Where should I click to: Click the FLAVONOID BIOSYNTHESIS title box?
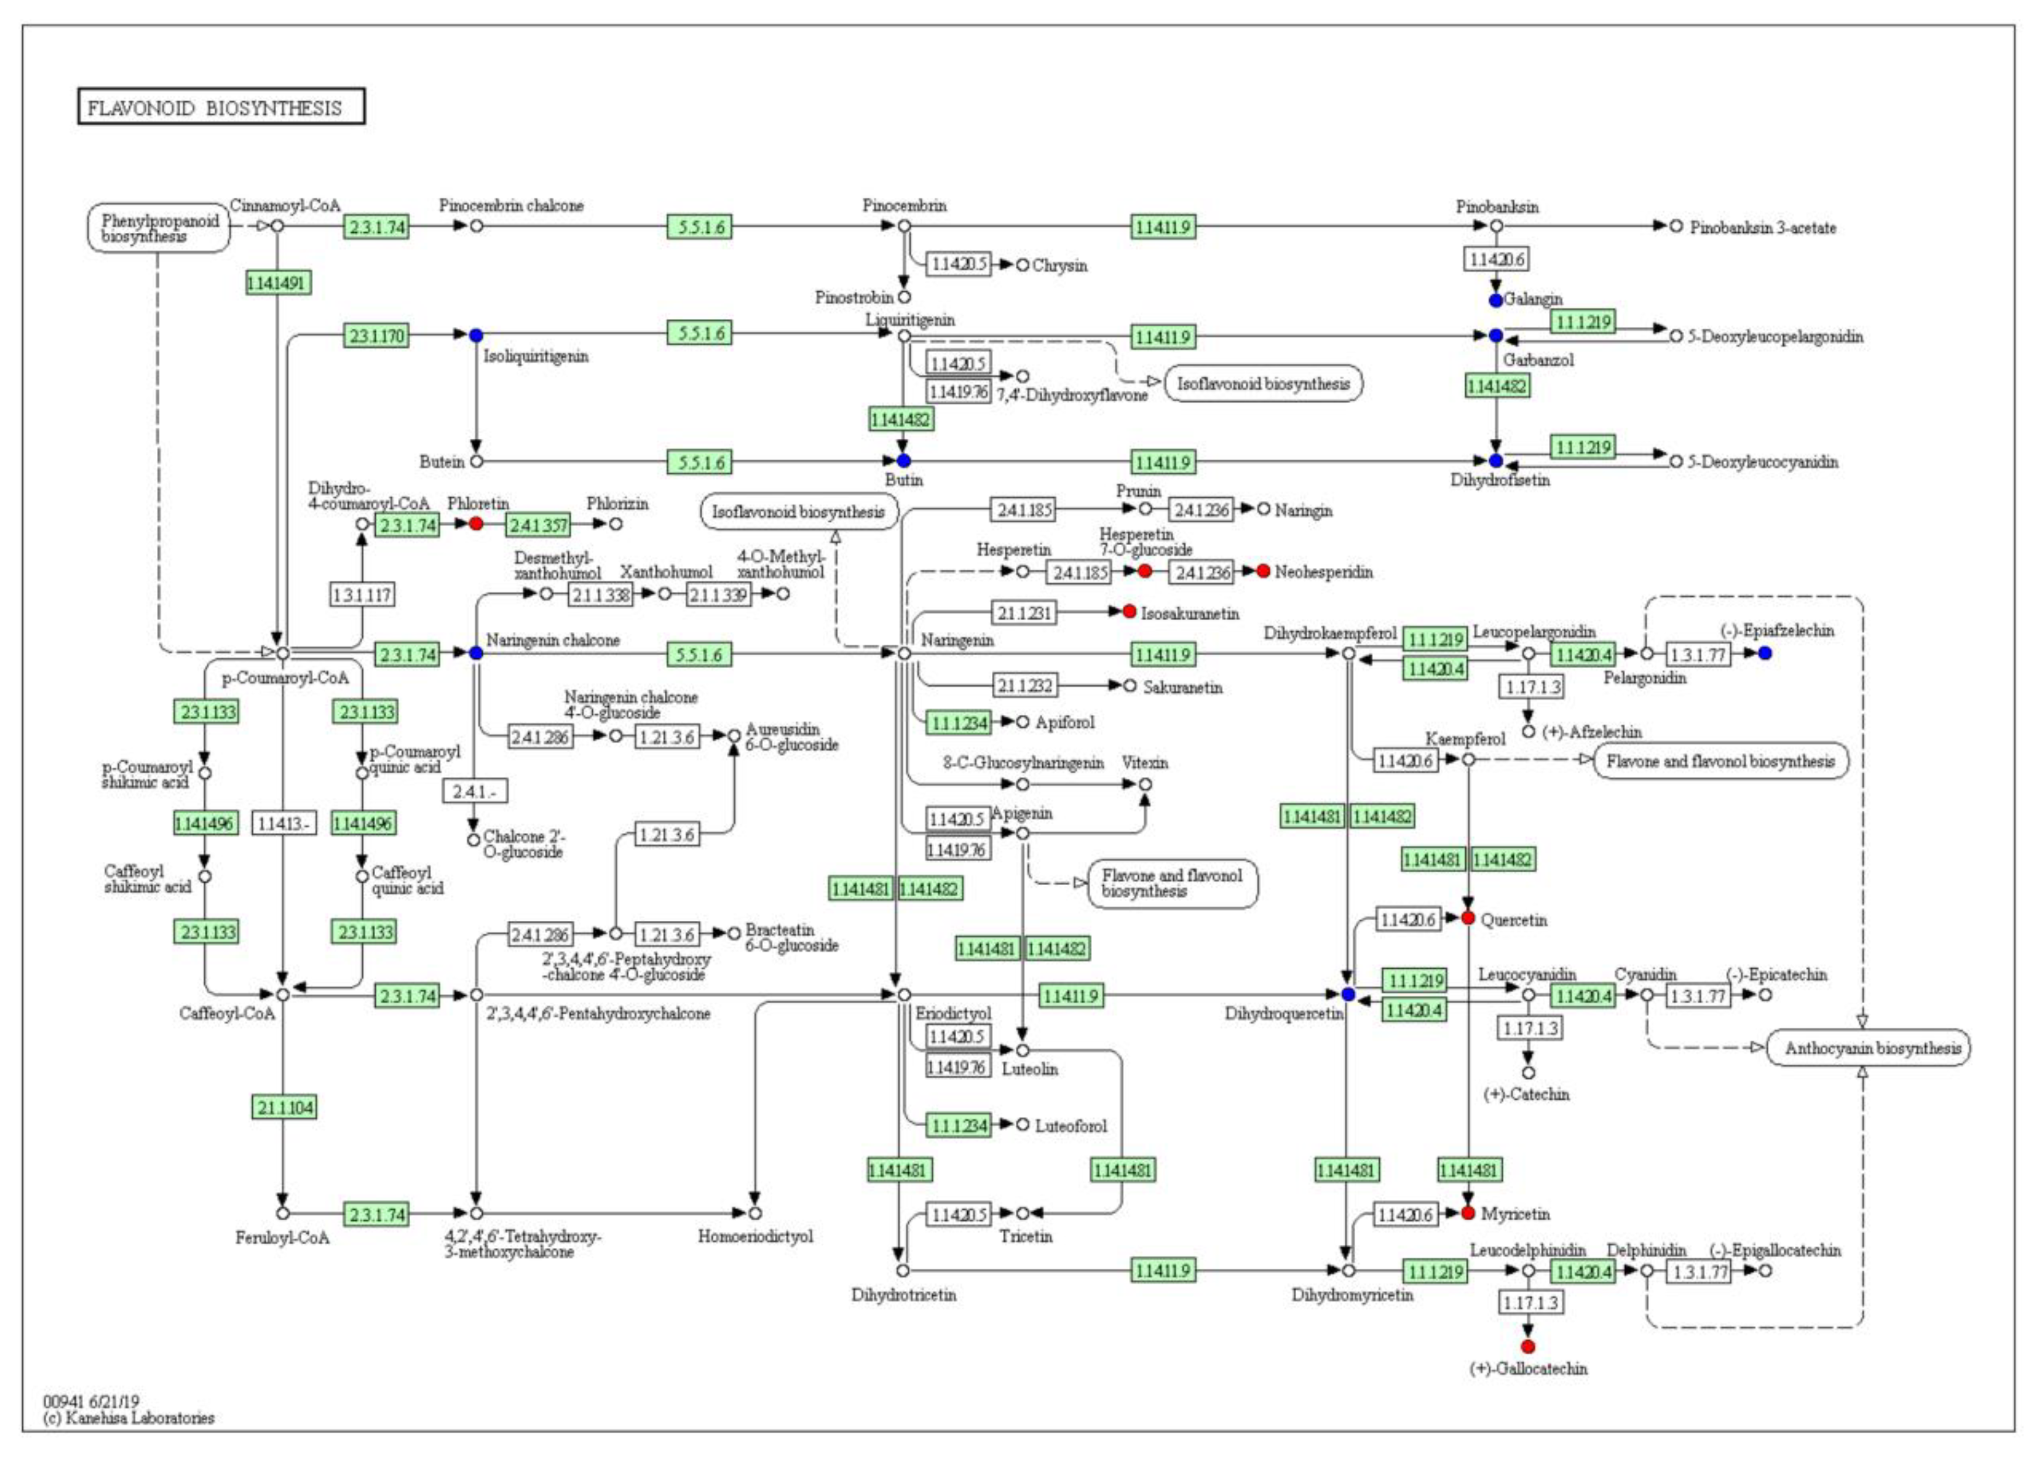coord(221,107)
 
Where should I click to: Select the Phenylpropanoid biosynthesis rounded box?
coord(159,228)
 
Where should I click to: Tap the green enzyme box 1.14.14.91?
coord(277,283)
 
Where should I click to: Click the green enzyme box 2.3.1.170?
coord(376,336)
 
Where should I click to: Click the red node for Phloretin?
coord(476,522)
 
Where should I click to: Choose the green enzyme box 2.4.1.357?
coord(538,524)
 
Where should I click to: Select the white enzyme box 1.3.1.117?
coord(362,594)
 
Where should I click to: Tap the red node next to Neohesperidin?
coord(1263,571)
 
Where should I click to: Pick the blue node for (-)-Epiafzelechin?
coord(1765,653)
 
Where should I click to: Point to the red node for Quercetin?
coord(1468,918)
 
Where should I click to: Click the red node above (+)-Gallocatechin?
coord(1528,1346)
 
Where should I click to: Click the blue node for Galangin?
coord(1495,300)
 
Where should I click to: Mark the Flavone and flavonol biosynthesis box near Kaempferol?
coord(1721,761)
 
